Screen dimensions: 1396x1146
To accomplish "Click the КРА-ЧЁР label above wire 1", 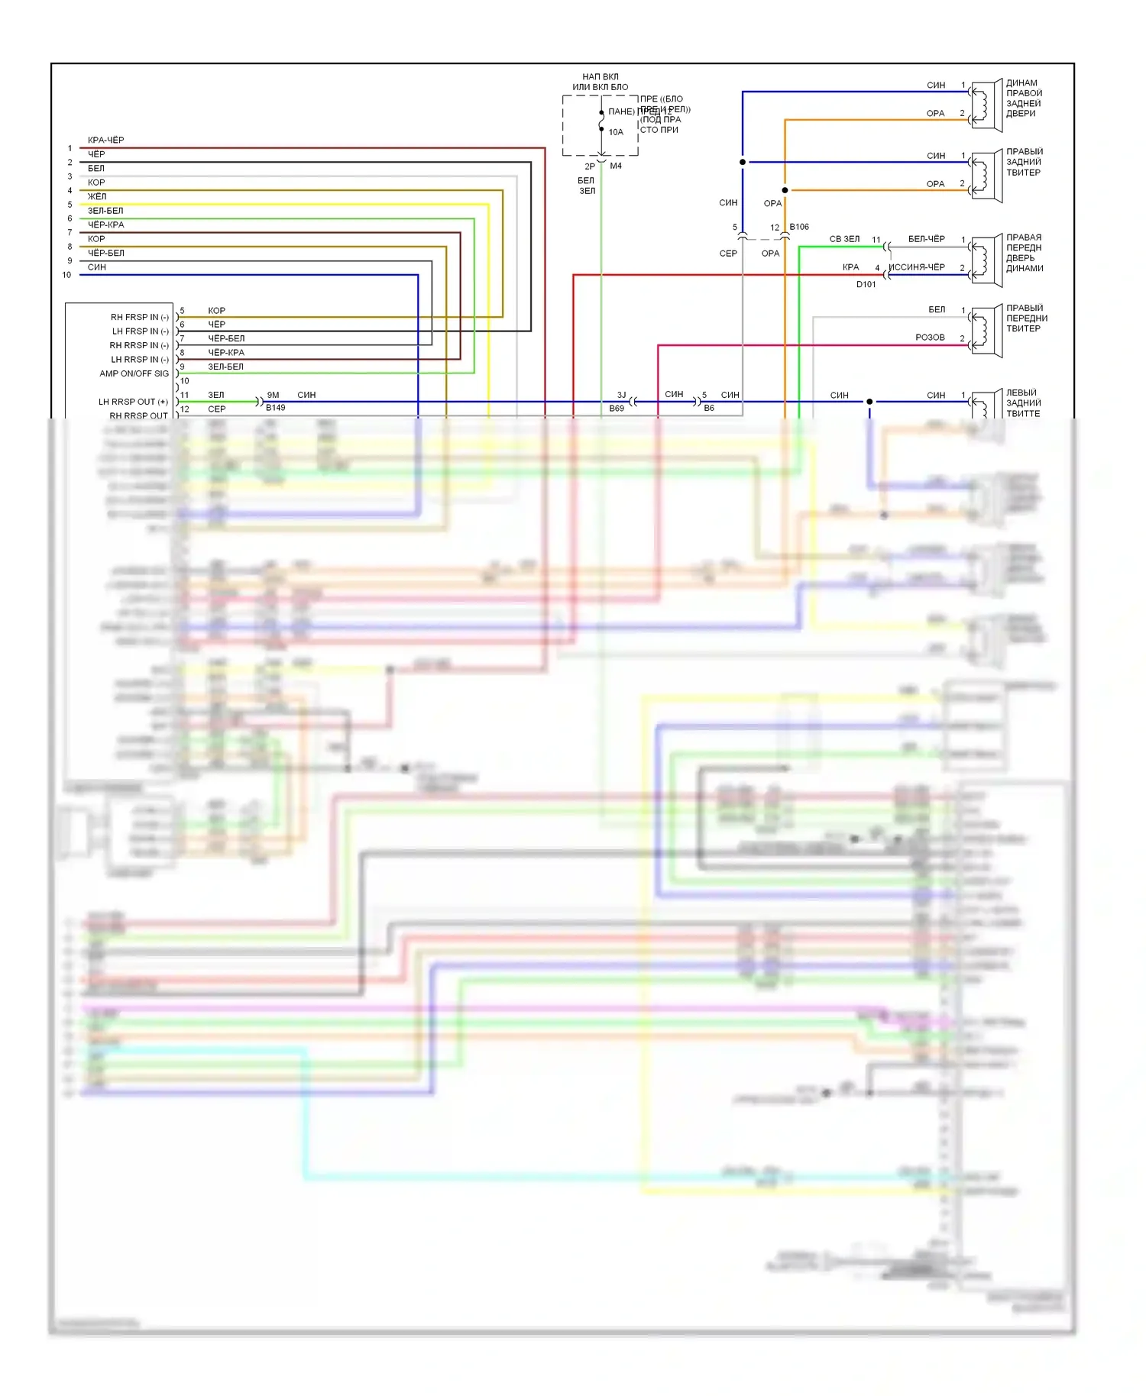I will [x=105, y=141].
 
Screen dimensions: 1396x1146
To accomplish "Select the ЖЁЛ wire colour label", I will [x=97, y=197].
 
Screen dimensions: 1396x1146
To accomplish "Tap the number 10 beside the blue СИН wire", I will [x=67, y=275].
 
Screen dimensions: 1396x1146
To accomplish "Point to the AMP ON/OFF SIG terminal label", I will [x=134, y=373].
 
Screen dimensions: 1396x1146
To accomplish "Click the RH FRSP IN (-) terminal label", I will [x=139, y=317].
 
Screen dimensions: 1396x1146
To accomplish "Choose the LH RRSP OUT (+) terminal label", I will [x=133, y=402].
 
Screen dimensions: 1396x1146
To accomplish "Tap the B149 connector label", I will [x=275, y=408].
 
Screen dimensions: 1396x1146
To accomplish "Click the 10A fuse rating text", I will [x=616, y=132].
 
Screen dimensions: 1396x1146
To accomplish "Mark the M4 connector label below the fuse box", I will [x=616, y=166].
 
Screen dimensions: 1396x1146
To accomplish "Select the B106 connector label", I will [x=799, y=227].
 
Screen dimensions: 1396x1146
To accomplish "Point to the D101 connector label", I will [x=866, y=284].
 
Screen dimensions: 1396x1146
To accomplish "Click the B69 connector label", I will [x=617, y=409].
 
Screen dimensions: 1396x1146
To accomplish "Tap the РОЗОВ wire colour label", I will [x=930, y=338].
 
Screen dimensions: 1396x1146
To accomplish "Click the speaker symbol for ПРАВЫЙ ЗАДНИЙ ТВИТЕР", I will [x=986, y=176].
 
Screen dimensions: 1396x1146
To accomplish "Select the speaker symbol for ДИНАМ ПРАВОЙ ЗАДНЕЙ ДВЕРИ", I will [x=986, y=105].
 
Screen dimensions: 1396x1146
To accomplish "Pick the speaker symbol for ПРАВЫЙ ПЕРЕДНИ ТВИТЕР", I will [x=986, y=331].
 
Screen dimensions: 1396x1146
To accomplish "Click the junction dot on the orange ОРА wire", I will [x=785, y=190].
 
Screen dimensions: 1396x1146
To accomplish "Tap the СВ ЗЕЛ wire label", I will [x=844, y=239].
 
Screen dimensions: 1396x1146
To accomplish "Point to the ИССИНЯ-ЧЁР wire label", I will [x=917, y=267].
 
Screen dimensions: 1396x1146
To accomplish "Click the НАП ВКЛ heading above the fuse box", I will [x=600, y=77].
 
